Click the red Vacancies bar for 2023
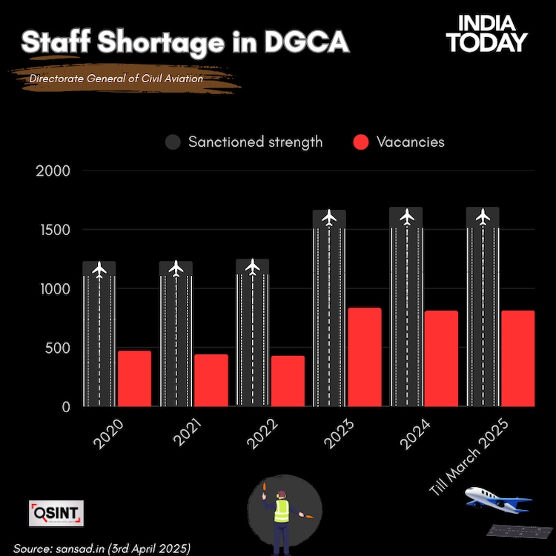pos(364,357)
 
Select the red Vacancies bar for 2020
pos(134,379)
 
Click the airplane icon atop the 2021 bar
pos(176,268)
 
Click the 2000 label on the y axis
pos(54,171)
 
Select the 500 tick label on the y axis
pos(57,348)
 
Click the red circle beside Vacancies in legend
pos(360,142)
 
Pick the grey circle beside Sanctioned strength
pos(173,142)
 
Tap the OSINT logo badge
pos(56,512)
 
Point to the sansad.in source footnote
pos(102,548)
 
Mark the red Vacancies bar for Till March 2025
pos(517,359)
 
